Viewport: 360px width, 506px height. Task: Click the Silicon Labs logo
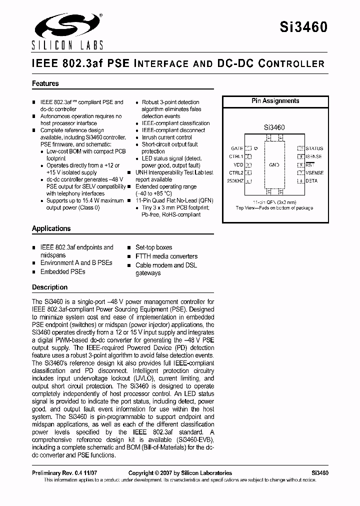point(67,31)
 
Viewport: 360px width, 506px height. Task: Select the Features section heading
point(45,83)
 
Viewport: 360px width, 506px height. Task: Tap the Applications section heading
point(51,228)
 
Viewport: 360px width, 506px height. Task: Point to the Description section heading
point(49,287)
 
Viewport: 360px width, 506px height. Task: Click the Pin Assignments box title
point(275,101)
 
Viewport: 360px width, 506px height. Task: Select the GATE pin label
point(237,148)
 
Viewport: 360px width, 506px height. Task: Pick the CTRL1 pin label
point(236,156)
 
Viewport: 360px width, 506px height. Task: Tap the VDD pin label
point(238,164)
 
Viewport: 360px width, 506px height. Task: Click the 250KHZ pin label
point(235,180)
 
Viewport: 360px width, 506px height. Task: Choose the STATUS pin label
point(314,148)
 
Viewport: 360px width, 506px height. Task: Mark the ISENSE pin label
point(314,156)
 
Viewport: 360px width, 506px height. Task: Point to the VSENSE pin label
point(314,172)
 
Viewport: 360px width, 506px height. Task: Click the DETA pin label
point(311,180)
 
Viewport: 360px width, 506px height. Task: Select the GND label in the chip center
point(274,164)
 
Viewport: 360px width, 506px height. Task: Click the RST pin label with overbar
point(309,164)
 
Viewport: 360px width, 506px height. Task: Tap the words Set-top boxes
point(153,247)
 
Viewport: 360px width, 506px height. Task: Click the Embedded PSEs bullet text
point(63,271)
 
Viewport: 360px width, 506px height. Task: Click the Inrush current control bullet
point(166,137)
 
